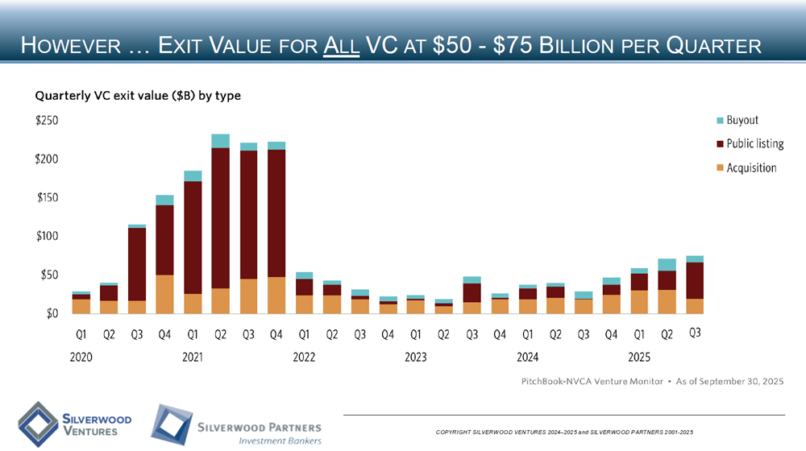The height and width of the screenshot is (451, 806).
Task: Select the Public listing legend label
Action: click(755, 144)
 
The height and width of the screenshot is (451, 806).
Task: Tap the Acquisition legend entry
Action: click(751, 168)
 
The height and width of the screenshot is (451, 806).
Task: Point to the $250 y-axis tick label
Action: click(46, 120)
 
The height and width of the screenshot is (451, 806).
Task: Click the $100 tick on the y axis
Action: click(46, 236)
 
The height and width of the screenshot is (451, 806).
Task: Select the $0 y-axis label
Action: click(51, 313)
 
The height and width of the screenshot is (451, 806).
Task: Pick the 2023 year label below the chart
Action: click(415, 356)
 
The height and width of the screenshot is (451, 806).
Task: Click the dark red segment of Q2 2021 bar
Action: click(221, 217)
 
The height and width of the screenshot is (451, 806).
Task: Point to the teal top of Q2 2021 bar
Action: click(221, 141)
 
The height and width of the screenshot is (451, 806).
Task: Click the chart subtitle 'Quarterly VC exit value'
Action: click(138, 95)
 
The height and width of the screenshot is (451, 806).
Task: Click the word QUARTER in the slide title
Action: click(709, 45)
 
